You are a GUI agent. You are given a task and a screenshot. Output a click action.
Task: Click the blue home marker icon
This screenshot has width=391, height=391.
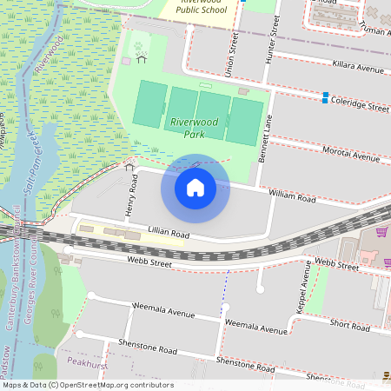click(195, 188)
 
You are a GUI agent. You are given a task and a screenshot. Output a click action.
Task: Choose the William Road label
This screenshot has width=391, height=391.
click(292, 196)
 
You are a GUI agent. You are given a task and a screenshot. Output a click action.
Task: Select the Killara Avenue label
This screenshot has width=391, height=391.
click(358, 68)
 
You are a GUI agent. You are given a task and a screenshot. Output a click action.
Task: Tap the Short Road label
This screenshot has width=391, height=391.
click(349, 325)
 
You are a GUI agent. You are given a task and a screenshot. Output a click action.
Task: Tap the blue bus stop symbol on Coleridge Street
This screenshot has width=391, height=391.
click(326, 98)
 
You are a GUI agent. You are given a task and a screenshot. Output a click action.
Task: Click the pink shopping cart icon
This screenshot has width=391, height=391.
click(383, 232)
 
